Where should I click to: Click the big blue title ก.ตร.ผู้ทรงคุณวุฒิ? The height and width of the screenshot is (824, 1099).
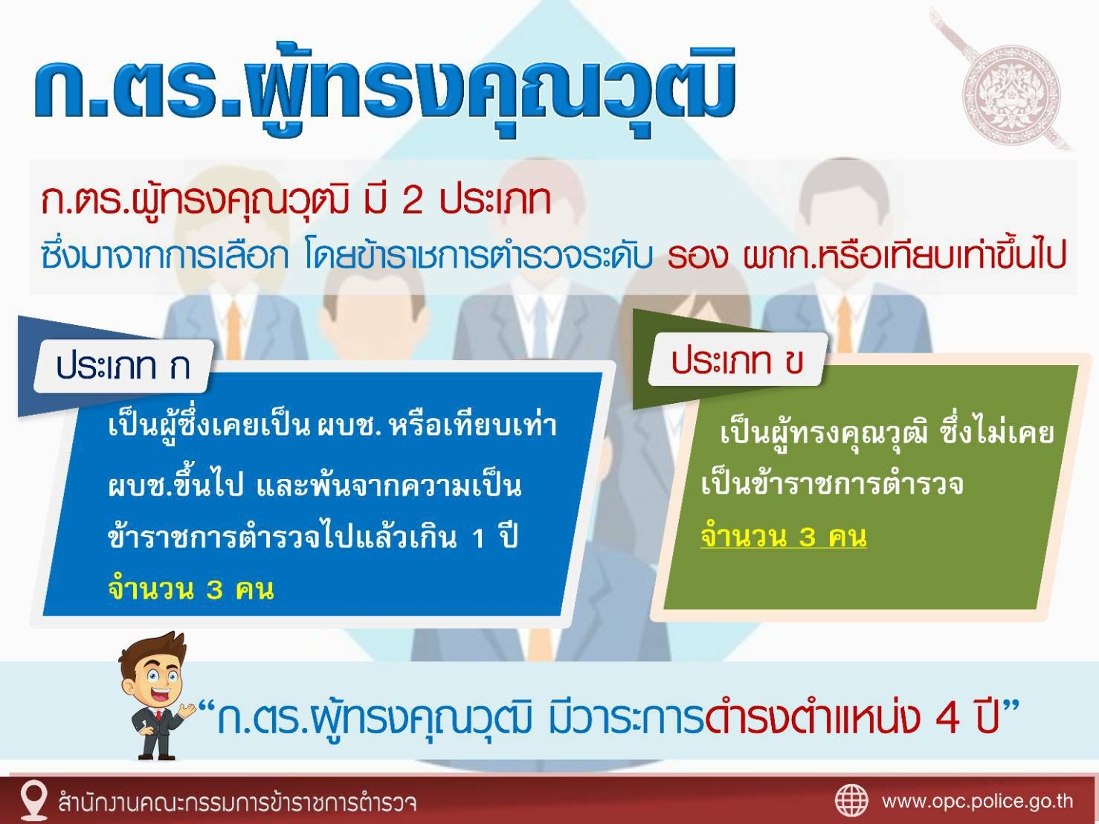pyautogui.click(x=384, y=91)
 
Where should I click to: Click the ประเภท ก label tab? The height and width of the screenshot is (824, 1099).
pyautogui.click(x=123, y=366)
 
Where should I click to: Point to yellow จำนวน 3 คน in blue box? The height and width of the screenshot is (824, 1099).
pyautogui.click(x=191, y=589)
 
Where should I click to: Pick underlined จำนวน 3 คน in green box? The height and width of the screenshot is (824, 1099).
pyautogui.click(x=784, y=535)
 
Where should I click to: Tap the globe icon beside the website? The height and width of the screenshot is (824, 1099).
pyautogui.click(x=851, y=801)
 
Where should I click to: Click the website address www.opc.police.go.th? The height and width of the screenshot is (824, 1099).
pyautogui.click(x=977, y=802)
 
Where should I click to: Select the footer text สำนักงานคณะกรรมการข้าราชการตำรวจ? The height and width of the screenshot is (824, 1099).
pyautogui.click(x=236, y=802)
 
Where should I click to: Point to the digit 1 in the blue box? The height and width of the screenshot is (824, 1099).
pyautogui.click(x=477, y=539)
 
